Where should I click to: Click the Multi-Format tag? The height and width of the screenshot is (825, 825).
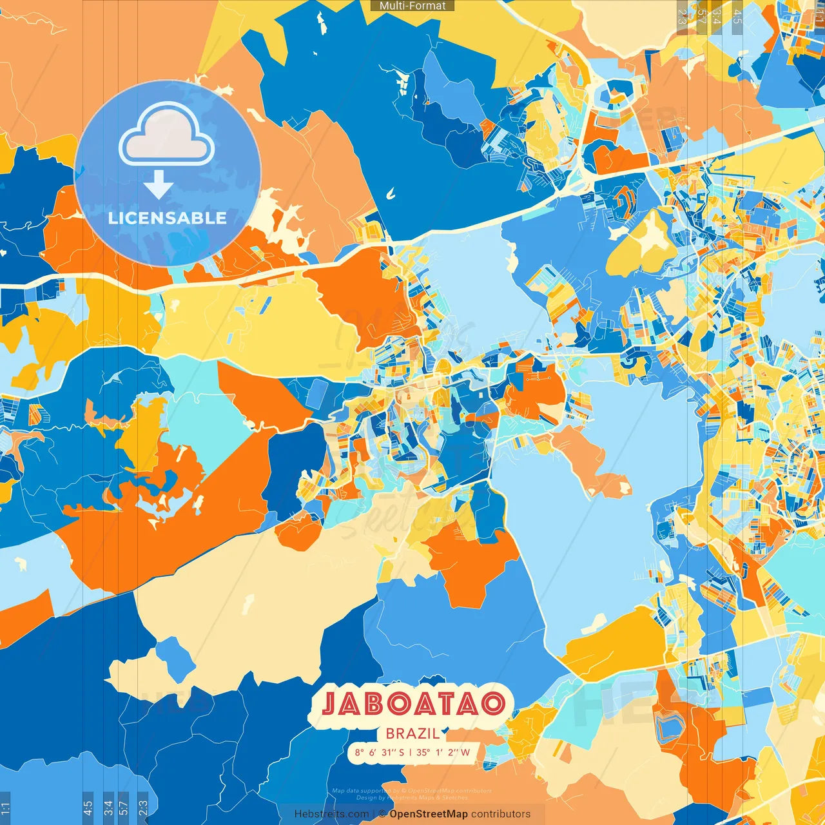coord(412,6)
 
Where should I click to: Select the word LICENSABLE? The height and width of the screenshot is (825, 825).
coord(168,218)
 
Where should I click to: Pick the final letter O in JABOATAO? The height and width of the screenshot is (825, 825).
coord(492,704)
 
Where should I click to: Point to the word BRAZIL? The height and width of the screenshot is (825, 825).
coord(412,733)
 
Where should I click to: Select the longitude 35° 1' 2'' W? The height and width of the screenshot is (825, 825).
coord(443,752)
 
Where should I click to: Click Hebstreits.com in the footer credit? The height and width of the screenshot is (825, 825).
coord(331,814)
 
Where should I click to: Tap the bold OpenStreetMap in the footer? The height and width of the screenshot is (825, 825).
coord(429,814)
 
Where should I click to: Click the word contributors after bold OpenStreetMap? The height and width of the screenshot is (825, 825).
coord(501,814)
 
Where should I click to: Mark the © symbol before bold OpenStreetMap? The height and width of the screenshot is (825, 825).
coord(382,814)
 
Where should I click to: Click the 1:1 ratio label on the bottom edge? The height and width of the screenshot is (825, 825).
coord(5,808)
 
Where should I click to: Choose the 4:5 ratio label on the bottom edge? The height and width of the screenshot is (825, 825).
coord(88,808)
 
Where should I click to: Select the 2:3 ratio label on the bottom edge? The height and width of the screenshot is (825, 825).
coord(143,808)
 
